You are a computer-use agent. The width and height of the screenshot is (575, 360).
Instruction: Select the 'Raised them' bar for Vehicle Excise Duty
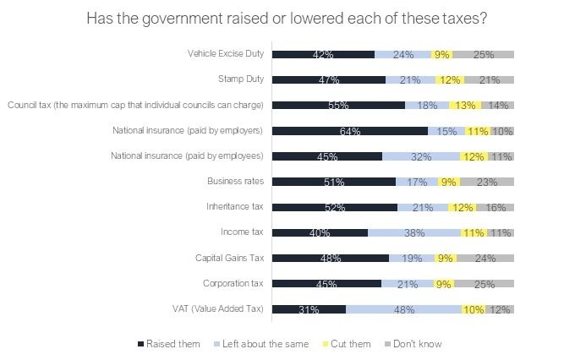[323, 54]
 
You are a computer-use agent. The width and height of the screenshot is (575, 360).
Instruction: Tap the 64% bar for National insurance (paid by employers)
[350, 131]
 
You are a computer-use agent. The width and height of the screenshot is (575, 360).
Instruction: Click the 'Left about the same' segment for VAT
[403, 309]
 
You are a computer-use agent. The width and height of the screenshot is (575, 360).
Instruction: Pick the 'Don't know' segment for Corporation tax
[484, 284]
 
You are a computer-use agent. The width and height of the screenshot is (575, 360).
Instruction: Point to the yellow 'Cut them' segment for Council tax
[465, 106]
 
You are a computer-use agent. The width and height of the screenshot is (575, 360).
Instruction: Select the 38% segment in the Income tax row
[414, 232]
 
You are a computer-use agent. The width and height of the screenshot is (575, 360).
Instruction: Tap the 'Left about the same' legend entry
[261, 344]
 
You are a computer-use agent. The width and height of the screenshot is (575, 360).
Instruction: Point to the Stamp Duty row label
[241, 79]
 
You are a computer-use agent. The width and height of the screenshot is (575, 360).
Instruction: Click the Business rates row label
[235, 181]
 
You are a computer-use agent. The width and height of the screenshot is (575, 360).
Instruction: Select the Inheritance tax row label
[235, 206]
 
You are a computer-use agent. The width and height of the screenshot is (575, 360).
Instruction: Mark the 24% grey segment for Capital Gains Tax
[485, 258]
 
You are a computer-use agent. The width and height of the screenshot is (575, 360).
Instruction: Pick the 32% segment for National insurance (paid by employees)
[421, 156]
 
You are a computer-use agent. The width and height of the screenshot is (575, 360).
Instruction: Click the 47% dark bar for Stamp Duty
[329, 79]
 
